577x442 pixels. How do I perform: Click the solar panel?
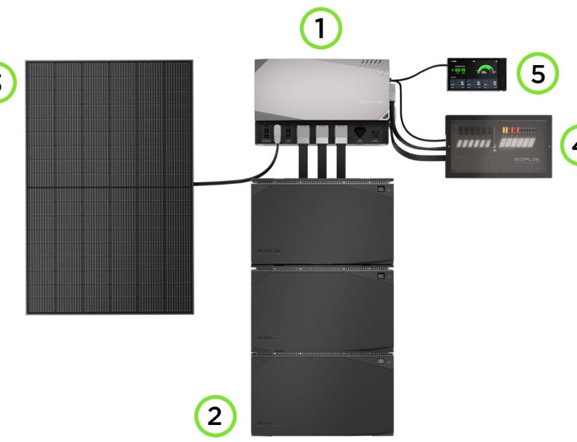coord(109,187)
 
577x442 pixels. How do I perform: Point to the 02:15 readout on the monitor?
coord(461,70)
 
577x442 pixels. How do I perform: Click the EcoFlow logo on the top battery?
coord(268,251)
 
